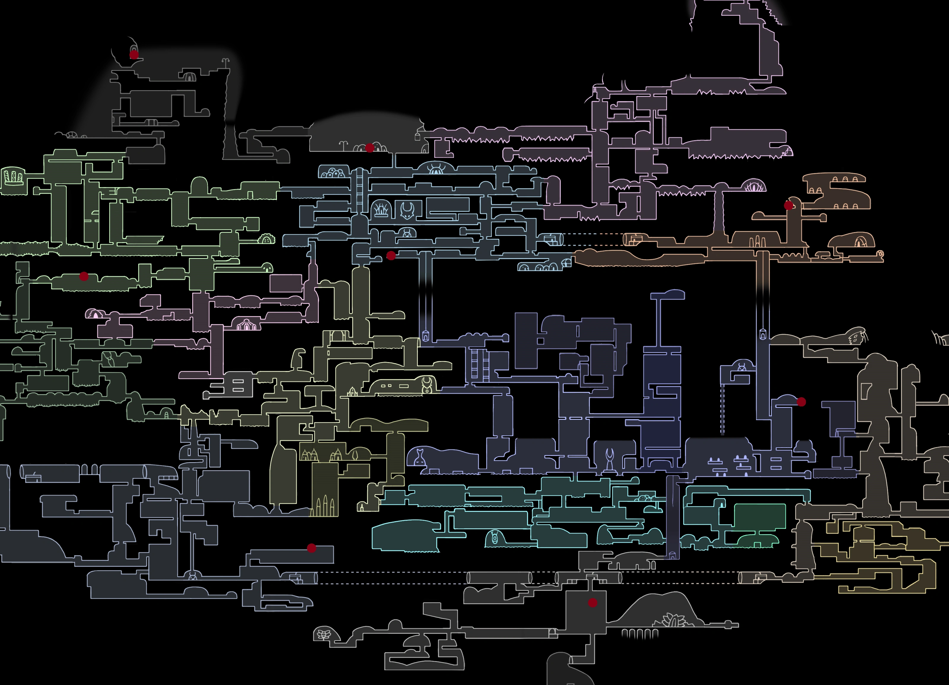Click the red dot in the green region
(x=84, y=276)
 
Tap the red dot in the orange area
(x=788, y=205)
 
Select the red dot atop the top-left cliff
(x=134, y=54)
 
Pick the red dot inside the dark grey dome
(x=370, y=148)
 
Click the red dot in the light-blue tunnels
(x=391, y=255)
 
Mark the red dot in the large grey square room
(x=592, y=603)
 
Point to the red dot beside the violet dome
(x=801, y=402)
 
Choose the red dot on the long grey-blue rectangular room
(x=311, y=548)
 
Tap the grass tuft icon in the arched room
(x=381, y=209)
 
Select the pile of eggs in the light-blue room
(x=333, y=172)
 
